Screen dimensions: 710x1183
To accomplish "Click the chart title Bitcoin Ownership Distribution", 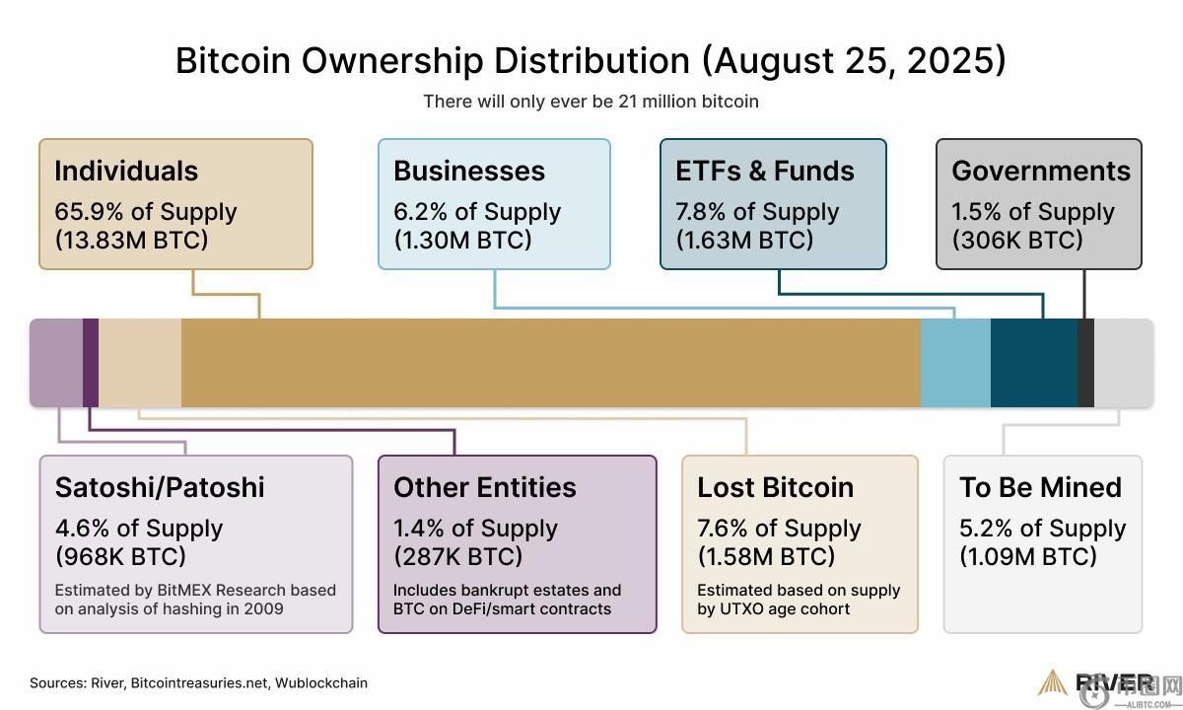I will (591, 60).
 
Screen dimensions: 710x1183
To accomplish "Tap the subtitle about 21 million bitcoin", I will (591, 102).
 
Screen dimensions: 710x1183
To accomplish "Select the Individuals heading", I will (126, 171).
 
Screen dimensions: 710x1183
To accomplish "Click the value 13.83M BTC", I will (131, 240).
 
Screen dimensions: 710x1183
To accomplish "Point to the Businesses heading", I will (469, 171).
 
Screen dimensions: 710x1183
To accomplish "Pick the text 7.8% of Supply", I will (757, 212).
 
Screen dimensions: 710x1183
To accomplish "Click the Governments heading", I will (1041, 171).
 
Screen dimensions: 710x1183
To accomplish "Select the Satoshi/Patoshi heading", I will (160, 487).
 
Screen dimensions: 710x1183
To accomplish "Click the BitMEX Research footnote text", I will (195, 600).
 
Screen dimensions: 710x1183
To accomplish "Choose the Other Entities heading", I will (485, 487).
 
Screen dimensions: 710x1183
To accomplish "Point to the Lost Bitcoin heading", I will (775, 487).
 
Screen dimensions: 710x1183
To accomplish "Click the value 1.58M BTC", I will (766, 556).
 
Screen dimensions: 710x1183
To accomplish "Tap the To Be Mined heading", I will (1040, 487).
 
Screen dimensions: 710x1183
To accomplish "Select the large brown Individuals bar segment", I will (550, 363).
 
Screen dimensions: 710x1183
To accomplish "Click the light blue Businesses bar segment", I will (955, 363).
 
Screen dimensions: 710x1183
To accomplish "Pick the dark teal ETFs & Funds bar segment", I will (1033, 363).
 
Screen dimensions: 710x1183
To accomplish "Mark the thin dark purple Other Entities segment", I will (91, 363).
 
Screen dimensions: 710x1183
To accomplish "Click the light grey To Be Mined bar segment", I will (1123, 363).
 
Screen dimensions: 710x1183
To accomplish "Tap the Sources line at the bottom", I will (198, 682).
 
